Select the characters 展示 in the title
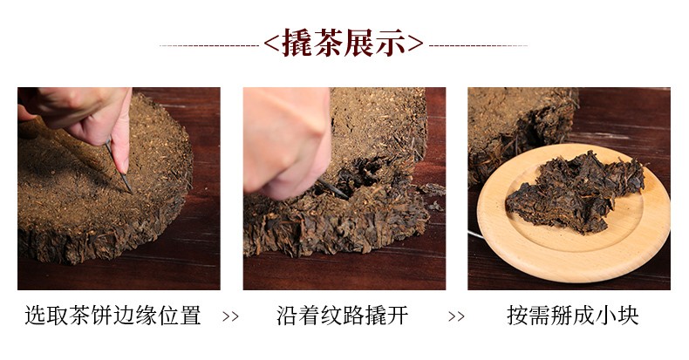[375, 43]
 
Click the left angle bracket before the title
[271, 44]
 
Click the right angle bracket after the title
[415, 44]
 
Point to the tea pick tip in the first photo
[130, 192]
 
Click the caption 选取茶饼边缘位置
[113, 316]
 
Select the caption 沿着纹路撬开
[343, 316]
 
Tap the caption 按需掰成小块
[572, 316]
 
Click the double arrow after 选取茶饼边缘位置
[230, 316]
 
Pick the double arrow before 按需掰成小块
[456, 316]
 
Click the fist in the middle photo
[286, 141]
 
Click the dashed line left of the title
[209, 45]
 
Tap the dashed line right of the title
[478, 45]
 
